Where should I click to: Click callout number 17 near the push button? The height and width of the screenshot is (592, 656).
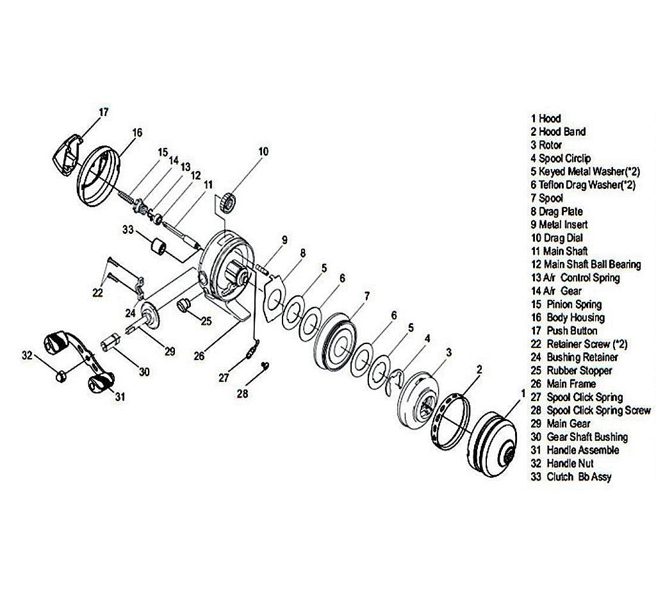104,112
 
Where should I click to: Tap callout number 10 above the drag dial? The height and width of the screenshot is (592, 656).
263,152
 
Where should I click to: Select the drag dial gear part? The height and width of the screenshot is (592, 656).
229,202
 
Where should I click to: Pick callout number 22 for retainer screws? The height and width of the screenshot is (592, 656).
98,292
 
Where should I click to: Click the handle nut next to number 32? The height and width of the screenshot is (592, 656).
61,375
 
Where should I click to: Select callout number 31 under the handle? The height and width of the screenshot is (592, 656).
120,397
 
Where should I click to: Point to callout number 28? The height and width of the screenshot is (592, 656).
242,393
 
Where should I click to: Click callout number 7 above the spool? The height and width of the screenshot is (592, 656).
366,296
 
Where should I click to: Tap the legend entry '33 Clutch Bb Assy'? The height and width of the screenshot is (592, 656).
571,477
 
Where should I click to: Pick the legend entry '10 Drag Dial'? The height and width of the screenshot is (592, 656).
556,238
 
